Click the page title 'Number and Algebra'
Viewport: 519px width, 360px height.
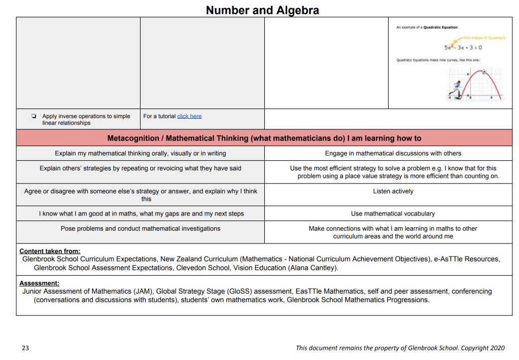pos(262,10)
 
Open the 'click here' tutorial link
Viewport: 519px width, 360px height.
pos(189,116)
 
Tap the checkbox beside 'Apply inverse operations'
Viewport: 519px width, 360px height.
pos(33,116)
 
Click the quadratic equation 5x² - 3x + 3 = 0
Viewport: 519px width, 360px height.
pos(463,47)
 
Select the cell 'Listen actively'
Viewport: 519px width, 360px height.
pos(393,192)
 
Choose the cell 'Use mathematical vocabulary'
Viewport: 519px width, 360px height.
pos(393,214)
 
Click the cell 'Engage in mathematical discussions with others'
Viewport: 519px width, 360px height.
pos(393,153)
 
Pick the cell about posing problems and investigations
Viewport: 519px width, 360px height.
pos(141,229)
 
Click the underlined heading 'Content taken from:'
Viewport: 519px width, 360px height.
pos(50,251)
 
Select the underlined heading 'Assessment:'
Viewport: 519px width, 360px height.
pos(39,283)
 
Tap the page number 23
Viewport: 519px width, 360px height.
pos(25,348)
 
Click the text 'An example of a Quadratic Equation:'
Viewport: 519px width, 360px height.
pos(427,27)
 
